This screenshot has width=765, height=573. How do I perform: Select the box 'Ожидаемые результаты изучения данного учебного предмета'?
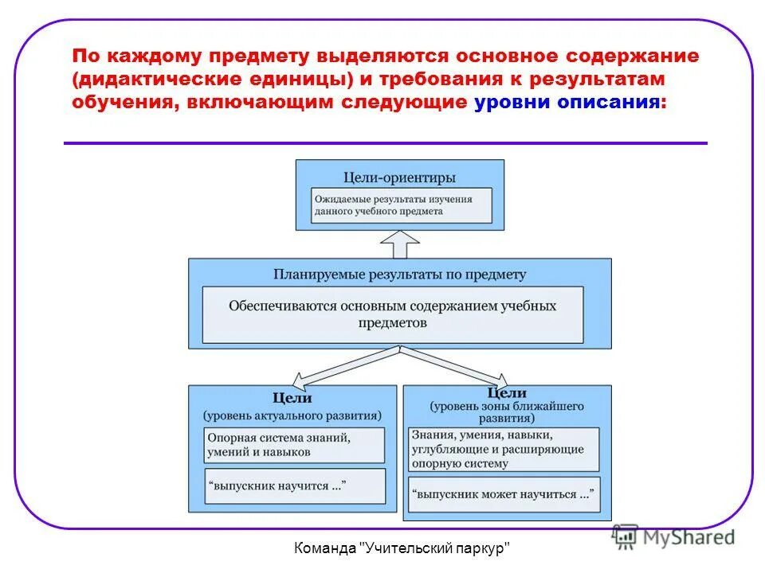coord(400,205)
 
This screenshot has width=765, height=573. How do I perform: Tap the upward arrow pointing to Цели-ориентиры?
coord(400,244)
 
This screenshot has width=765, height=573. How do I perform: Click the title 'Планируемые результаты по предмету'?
coord(400,274)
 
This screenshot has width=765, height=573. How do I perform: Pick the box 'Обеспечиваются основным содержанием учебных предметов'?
coord(393,314)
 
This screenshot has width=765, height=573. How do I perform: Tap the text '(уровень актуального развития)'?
coord(292,415)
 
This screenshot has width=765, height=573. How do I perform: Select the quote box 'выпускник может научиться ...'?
coord(504,493)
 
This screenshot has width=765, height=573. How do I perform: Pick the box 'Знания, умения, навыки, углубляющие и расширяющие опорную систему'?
coord(504,450)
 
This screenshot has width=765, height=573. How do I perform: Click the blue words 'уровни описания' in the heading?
coord(567,103)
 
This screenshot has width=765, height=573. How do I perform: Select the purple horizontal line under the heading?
coord(385,143)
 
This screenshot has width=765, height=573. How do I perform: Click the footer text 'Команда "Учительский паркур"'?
coord(402,548)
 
